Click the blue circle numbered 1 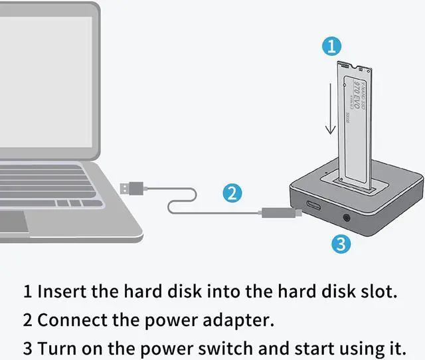coord(331,46)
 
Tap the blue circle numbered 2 coord(230,194)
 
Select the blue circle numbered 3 coord(340,244)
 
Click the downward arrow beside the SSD coord(326,109)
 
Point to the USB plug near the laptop coord(131,188)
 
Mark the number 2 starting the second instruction coord(27,320)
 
